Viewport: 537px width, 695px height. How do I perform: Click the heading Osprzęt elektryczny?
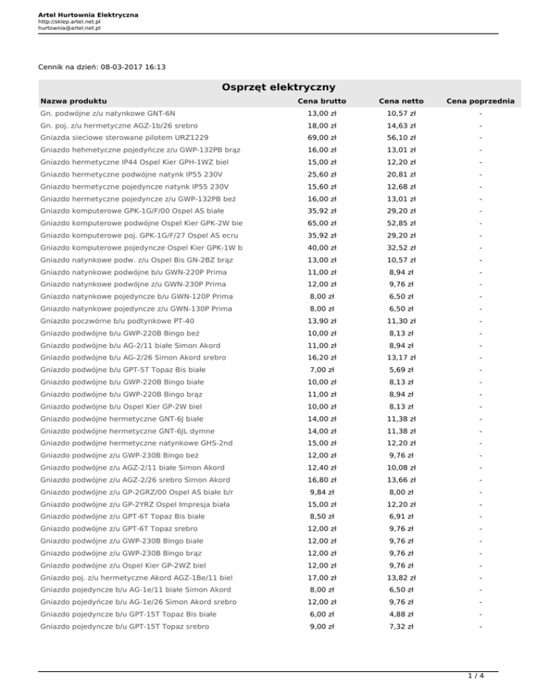[268, 87]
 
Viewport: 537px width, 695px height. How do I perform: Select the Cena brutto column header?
[323, 101]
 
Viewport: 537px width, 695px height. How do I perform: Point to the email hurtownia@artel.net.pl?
[69, 29]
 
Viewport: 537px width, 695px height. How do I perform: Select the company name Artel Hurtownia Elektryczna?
[78, 14]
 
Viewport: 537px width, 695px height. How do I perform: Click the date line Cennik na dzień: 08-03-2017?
[102, 68]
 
